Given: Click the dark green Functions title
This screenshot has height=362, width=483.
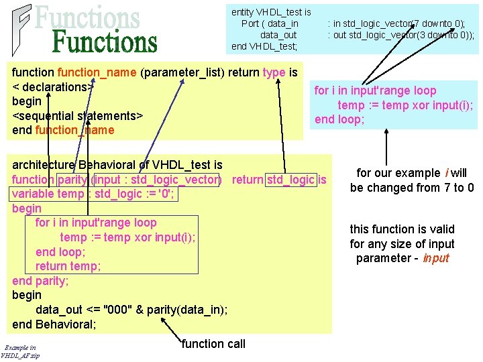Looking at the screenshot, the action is tap(105, 42).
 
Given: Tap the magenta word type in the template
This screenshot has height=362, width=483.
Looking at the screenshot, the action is tap(274, 73).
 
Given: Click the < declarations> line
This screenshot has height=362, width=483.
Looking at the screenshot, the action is tap(53, 87).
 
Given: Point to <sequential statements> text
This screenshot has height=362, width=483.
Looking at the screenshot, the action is tap(78, 116).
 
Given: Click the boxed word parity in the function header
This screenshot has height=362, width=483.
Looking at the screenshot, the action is tap(72, 180).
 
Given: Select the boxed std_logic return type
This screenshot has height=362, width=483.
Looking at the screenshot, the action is tap(290, 180).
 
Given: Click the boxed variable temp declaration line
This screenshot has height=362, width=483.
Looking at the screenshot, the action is tap(93, 194).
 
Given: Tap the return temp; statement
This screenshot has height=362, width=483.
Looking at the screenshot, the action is tap(68, 266).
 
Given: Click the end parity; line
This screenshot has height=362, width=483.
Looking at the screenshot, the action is tap(40, 281).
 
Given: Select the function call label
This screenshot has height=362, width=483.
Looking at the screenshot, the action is tap(213, 344).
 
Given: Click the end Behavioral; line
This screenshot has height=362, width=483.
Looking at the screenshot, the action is tap(54, 324).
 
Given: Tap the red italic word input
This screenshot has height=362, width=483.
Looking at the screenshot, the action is tap(436, 258).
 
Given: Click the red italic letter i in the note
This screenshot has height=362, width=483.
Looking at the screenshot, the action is tap(447, 173).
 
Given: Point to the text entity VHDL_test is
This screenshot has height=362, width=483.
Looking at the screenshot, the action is tap(271, 12).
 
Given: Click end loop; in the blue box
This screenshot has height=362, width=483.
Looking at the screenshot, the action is tap(339, 119).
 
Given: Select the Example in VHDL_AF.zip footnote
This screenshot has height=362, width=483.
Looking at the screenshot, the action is tap(20, 352).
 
